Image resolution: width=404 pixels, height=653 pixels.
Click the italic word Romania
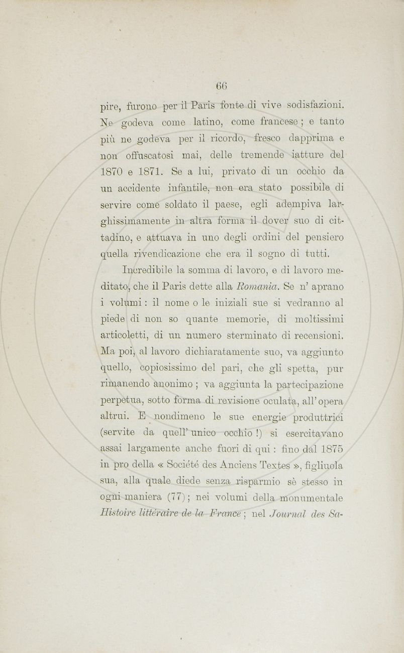(255, 288)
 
